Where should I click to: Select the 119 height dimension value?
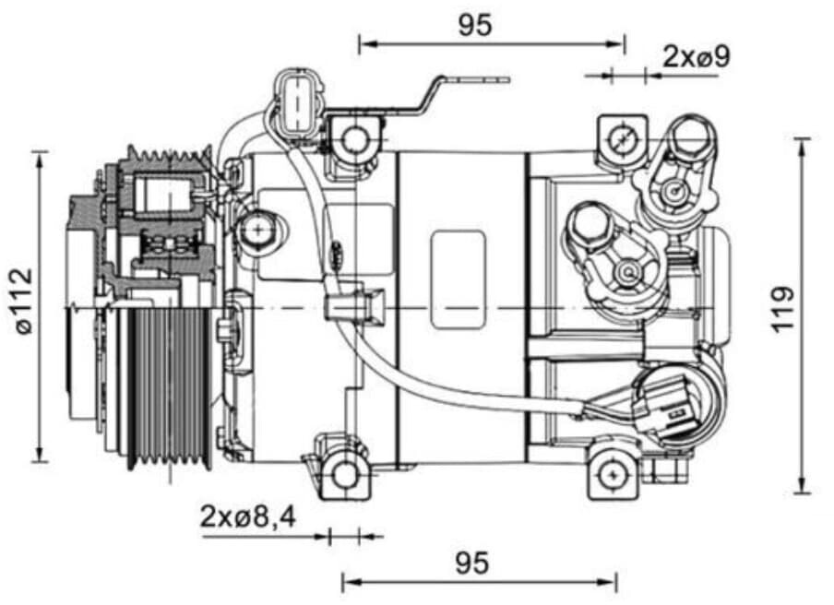click(781, 310)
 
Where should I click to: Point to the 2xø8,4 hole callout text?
click(247, 517)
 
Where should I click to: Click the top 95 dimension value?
click(475, 26)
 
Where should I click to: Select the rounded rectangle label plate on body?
click(458, 279)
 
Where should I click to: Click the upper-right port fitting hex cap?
click(692, 139)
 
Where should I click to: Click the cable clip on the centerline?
click(354, 304)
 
